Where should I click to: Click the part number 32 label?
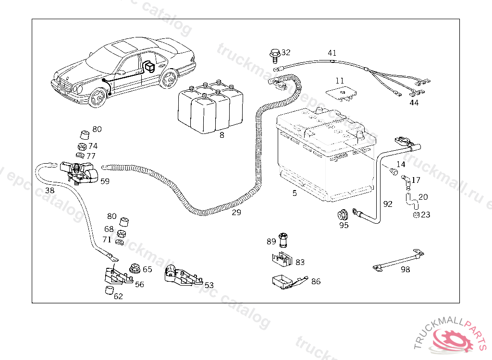286,52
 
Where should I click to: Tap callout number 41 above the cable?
332,53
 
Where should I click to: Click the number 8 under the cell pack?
221,135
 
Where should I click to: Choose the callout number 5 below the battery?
295,193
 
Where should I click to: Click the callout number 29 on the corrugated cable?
236,212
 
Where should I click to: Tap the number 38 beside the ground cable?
49,191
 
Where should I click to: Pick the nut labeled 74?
82,146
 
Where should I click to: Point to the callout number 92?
388,204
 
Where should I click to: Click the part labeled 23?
416,215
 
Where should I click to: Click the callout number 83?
300,262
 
